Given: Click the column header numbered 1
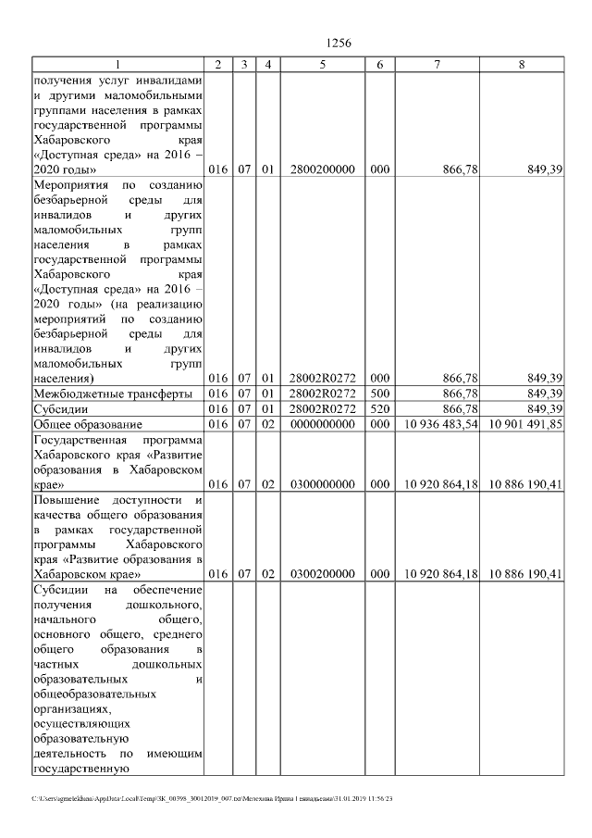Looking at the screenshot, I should (117, 65).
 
